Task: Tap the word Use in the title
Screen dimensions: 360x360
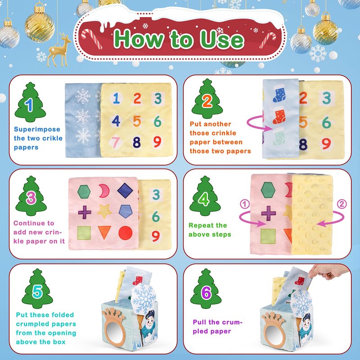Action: tap(222, 40)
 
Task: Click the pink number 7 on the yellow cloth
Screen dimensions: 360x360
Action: tap(116, 142)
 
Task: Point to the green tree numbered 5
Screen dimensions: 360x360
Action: tap(37, 288)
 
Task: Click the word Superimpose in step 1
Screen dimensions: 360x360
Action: tap(37, 130)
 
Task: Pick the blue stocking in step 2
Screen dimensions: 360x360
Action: tap(279, 94)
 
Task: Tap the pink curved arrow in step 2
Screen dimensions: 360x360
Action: tap(257, 124)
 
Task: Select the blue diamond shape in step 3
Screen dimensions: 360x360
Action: tap(125, 190)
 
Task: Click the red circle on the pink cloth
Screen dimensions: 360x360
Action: tap(126, 233)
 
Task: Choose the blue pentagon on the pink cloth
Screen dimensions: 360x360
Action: tap(126, 211)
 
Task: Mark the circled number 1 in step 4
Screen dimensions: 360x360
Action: tap(245, 204)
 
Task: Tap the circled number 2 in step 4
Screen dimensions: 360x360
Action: tap(342, 204)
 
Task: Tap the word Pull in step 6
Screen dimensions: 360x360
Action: tap(200, 322)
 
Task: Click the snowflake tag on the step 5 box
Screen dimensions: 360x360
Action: tap(144, 298)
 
